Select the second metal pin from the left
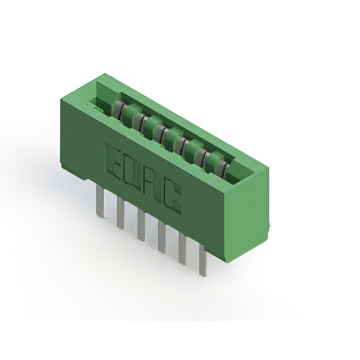coord(120,213)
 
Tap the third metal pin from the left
coord(141,226)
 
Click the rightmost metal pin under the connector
coord(202,261)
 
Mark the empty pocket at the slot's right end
coord(239,172)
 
